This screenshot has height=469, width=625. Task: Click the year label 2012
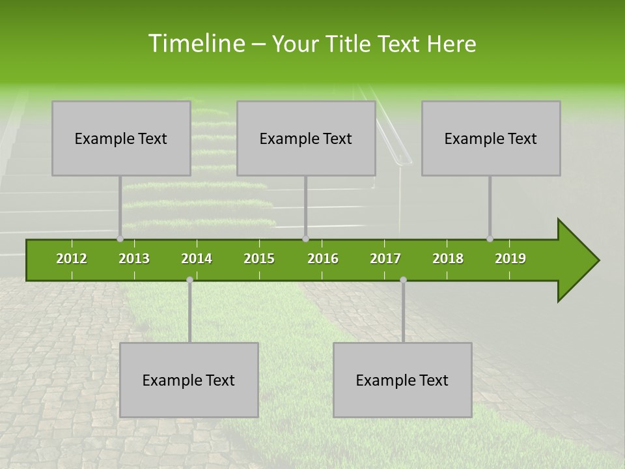coord(72,259)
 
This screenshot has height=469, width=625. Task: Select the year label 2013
coord(134,259)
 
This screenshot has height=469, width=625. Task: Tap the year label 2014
coord(197,259)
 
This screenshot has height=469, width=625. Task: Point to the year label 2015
coord(259,259)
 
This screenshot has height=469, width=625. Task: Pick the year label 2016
coord(323,259)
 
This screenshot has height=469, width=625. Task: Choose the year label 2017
coord(385,259)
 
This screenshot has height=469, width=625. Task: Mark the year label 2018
coord(448,259)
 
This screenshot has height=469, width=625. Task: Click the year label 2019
coord(510,259)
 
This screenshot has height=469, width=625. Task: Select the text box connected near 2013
coord(121,138)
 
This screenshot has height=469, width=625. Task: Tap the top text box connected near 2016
coord(306,138)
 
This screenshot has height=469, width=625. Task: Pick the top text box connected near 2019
coord(491,138)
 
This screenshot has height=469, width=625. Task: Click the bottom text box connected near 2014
coord(189,380)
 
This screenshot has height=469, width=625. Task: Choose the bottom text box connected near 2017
coord(402,380)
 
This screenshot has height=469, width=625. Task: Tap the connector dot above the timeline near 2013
coord(120,239)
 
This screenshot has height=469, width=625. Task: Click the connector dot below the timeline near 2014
coord(189,280)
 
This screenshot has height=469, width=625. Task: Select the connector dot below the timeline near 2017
coord(403,280)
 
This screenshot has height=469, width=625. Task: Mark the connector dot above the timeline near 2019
coord(490,239)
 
